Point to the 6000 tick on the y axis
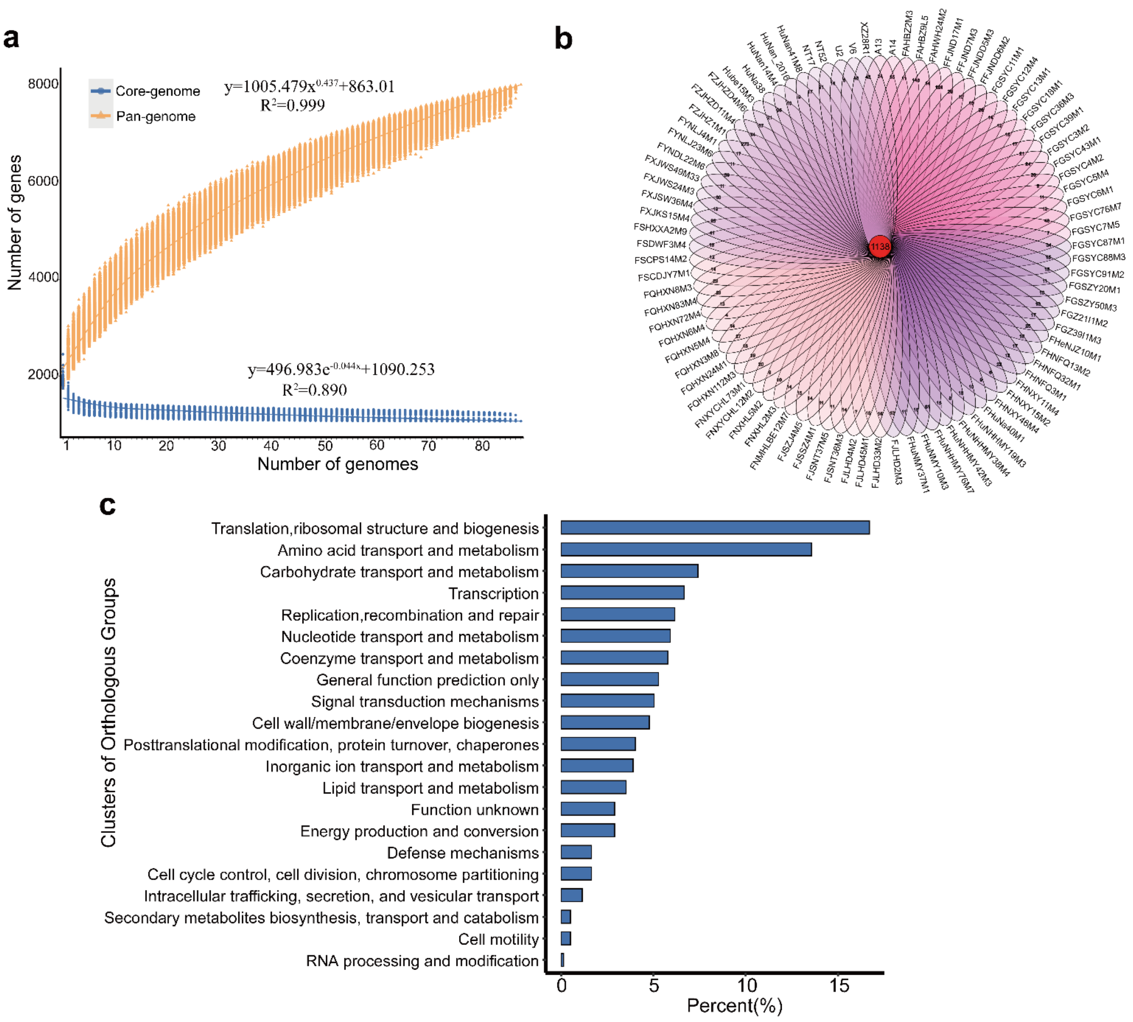[43, 181]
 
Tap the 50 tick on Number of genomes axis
[325, 446]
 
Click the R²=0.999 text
[292, 105]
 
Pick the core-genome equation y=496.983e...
[341, 370]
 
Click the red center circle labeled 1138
[879, 246]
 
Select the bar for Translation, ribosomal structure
[715, 527]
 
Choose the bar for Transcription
[622, 592]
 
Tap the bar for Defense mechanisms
[576, 852]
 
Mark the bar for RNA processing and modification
[562, 960]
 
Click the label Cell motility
[498, 939]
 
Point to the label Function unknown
[474, 810]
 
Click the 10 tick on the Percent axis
[746, 986]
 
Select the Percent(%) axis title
[734, 1006]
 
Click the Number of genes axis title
[15, 222]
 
